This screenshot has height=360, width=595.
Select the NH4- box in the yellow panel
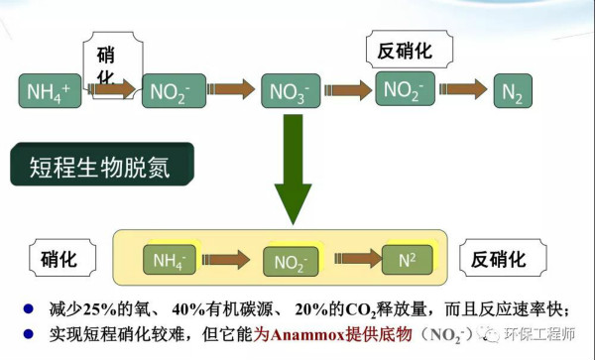tap(170, 260)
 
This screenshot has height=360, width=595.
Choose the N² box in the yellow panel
tap(409, 261)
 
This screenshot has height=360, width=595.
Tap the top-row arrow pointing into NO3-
tap(234, 90)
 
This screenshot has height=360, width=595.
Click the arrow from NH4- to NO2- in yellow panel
tap(229, 261)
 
